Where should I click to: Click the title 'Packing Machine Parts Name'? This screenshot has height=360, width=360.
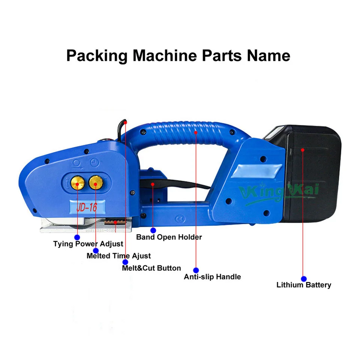pyautogui.click(x=178, y=56)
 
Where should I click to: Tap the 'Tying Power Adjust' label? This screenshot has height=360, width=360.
pyautogui.click(x=88, y=244)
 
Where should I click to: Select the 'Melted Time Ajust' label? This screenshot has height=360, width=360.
pyautogui.click(x=119, y=256)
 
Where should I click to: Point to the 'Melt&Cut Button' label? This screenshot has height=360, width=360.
pyautogui.click(x=151, y=268)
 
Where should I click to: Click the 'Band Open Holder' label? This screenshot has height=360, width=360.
pyautogui.click(x=169, y=237)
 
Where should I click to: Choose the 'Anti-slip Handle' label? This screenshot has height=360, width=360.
pyautogui.click(x=212, y=277)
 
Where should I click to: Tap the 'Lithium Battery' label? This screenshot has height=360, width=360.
pyautogui.click(x=304, y=285)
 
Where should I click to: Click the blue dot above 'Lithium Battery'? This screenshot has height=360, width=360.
pyautogui.click(x=304, y=279)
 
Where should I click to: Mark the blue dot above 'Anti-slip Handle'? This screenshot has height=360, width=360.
pyautogui.click(x=196, y=270)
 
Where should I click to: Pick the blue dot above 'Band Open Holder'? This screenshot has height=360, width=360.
pyautogui.click(x=153, y=230)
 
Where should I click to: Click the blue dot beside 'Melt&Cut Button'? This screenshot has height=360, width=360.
pyautogui.click(x=125, y=262)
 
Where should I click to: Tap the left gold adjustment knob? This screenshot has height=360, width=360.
pyautogui.click(x=78, y=183)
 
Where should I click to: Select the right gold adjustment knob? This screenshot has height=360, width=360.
pyautogui.click(x=96, y=183)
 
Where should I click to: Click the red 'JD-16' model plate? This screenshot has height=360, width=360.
pyautogui.click(x=87, y=207)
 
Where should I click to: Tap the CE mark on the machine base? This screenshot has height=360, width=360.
pyautogui.click(x=180, y=219)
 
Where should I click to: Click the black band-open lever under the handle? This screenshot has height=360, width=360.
pyautogui.click(x=174, y=184)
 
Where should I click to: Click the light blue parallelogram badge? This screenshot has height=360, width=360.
pyautogui.click(x=256, y=171)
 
